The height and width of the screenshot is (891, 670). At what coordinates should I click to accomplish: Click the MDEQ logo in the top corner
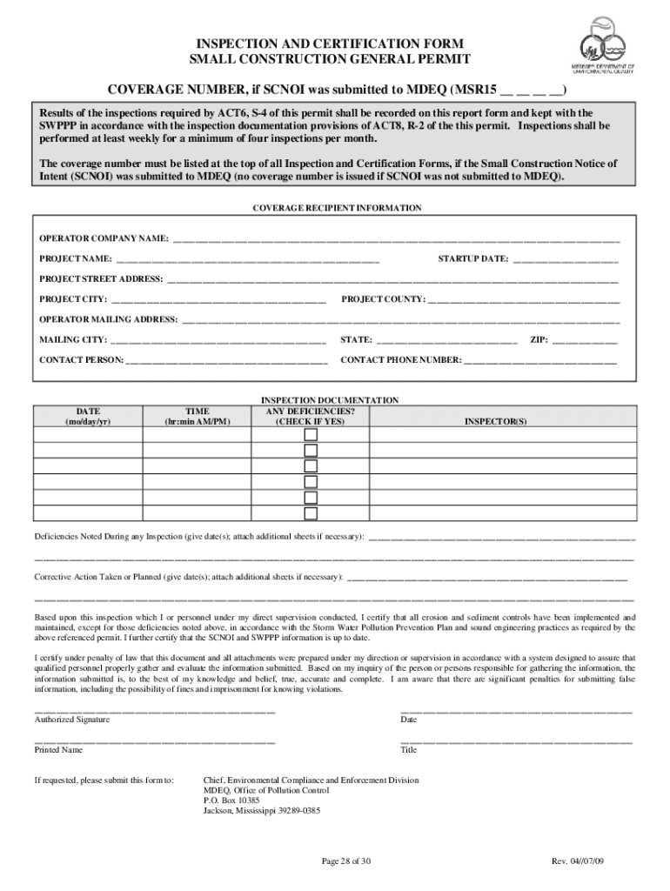tap(606, 45)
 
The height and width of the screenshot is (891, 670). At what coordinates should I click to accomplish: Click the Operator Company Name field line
tap(396, 238)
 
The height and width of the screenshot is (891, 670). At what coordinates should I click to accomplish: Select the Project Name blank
tap(248, 259)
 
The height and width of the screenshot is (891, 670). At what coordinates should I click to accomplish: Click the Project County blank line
tap(524, 300)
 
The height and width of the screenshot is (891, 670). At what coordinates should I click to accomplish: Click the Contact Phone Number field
tap(540, 360)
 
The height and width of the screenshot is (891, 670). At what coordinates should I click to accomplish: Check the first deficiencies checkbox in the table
tap(311, 434)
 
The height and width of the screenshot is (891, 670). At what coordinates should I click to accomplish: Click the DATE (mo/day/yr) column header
tap(88, 416)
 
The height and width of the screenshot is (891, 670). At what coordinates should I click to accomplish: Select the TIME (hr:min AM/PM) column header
tap(198, 416)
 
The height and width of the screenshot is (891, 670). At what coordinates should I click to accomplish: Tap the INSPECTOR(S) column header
tap(495, 421)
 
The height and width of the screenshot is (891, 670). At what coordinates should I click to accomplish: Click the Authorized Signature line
tap(155, 711)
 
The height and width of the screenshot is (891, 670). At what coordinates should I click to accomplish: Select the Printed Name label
tap(58, 749)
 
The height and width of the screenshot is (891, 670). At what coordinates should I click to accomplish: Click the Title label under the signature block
tap(409, 749)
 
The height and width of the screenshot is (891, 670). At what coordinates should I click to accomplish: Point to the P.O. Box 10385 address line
tap(231, 800)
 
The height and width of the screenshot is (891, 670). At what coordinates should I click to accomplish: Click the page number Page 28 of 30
tap(346, 861)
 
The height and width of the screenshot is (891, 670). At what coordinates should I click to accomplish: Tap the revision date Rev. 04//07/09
tap(578, 861)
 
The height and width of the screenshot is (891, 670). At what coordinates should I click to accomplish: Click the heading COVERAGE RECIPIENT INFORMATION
tap(337, 209)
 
